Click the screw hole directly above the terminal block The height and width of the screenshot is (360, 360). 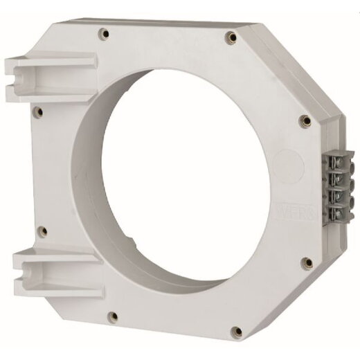(304, 122)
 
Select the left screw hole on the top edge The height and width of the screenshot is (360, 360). (103, 32)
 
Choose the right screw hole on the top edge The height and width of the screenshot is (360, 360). (229, 33)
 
